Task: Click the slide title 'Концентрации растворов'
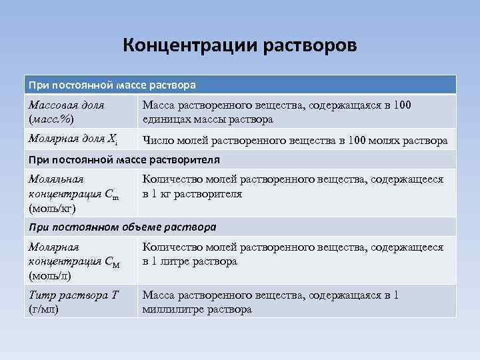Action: (240, 47)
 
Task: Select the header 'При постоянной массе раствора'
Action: (111, 85)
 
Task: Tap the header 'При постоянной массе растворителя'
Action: (125, 160)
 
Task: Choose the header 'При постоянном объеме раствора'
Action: (122, 227)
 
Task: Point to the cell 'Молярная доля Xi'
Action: (74, 139)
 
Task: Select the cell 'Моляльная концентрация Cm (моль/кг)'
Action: (74, 194)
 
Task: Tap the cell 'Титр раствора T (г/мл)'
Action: (74, 302)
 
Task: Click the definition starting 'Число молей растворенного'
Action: (295, 141)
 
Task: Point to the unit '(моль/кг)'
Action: (52, 209)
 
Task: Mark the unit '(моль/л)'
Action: (50, 275)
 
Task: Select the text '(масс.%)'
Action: (51, 119)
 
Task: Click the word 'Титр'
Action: (42, 295)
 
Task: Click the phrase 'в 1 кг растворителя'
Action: (192, 194)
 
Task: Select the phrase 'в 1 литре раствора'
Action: (189, 261)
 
